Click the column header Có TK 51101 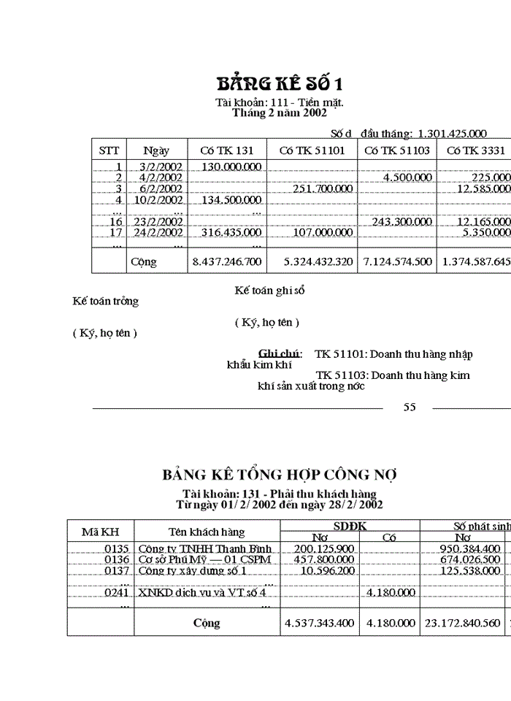pos(312,150)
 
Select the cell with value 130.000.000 pos(231,166)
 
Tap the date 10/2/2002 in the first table pos(160,199)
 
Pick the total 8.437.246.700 pos(226,261)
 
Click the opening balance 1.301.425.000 pos(452,134)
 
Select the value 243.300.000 pos(402,221)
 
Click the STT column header pos(109,150)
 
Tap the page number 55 pos(410,407)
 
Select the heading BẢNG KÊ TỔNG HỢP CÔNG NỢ pos(280,475)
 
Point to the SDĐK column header pos(350,526)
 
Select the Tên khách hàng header pos(207,532)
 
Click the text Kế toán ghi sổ pos(269,291)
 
